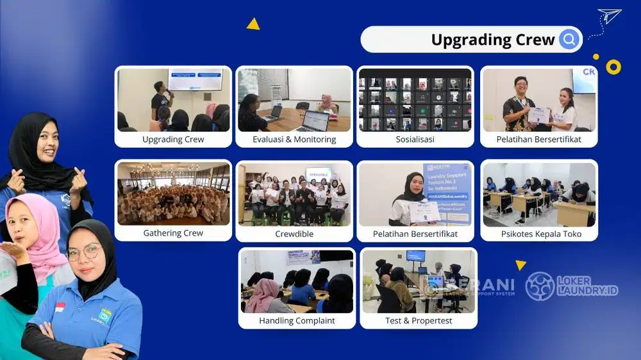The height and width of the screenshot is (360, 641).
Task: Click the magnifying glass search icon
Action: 568,40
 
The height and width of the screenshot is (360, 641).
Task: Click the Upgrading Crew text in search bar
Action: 492,40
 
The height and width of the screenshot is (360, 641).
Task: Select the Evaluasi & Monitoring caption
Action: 294,140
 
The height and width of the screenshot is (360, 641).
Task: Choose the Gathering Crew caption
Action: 173,233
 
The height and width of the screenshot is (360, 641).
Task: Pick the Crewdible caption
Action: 294,234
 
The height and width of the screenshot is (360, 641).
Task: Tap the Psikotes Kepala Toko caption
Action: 541,234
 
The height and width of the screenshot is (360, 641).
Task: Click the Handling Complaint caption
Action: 297,320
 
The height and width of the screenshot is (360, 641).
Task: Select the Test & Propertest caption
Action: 419,320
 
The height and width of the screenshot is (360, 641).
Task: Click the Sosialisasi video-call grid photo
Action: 415,100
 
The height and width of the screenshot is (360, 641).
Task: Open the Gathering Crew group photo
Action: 173,193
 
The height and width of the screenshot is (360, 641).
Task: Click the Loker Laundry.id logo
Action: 572,286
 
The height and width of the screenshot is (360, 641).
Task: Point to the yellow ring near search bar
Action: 613,67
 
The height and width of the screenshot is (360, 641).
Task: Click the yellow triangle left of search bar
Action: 253,24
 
